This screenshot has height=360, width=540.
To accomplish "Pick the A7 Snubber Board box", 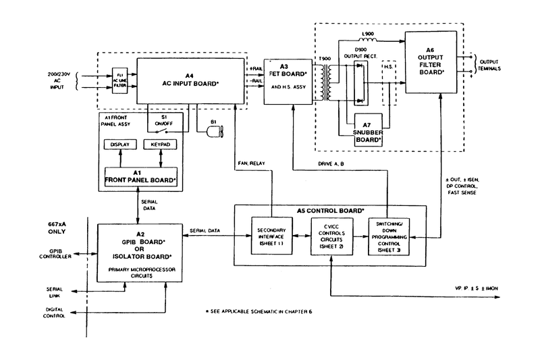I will pyautogui.click(x=368, y=128).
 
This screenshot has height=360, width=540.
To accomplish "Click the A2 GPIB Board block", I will pyautogui.click(x=140, y=246).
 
